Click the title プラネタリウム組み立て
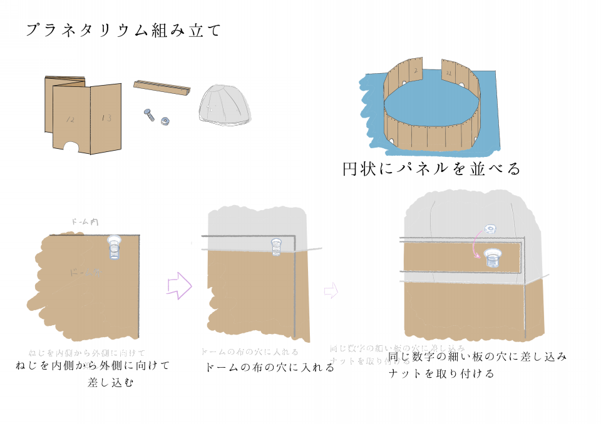click(123, 31)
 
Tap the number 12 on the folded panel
click(70, 118)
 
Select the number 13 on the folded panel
click(106, 117)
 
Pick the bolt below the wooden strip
click(149, 115)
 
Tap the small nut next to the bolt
click(167, 119)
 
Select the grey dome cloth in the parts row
click(225, 105)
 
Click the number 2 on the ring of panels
click(415, 71)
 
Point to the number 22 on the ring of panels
click(449, 73)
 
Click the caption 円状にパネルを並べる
click(432, 169)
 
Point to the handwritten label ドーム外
click(83, 273)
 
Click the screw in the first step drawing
click(115, 248)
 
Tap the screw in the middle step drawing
click(276, 248)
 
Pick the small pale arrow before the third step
click(331, 290)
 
